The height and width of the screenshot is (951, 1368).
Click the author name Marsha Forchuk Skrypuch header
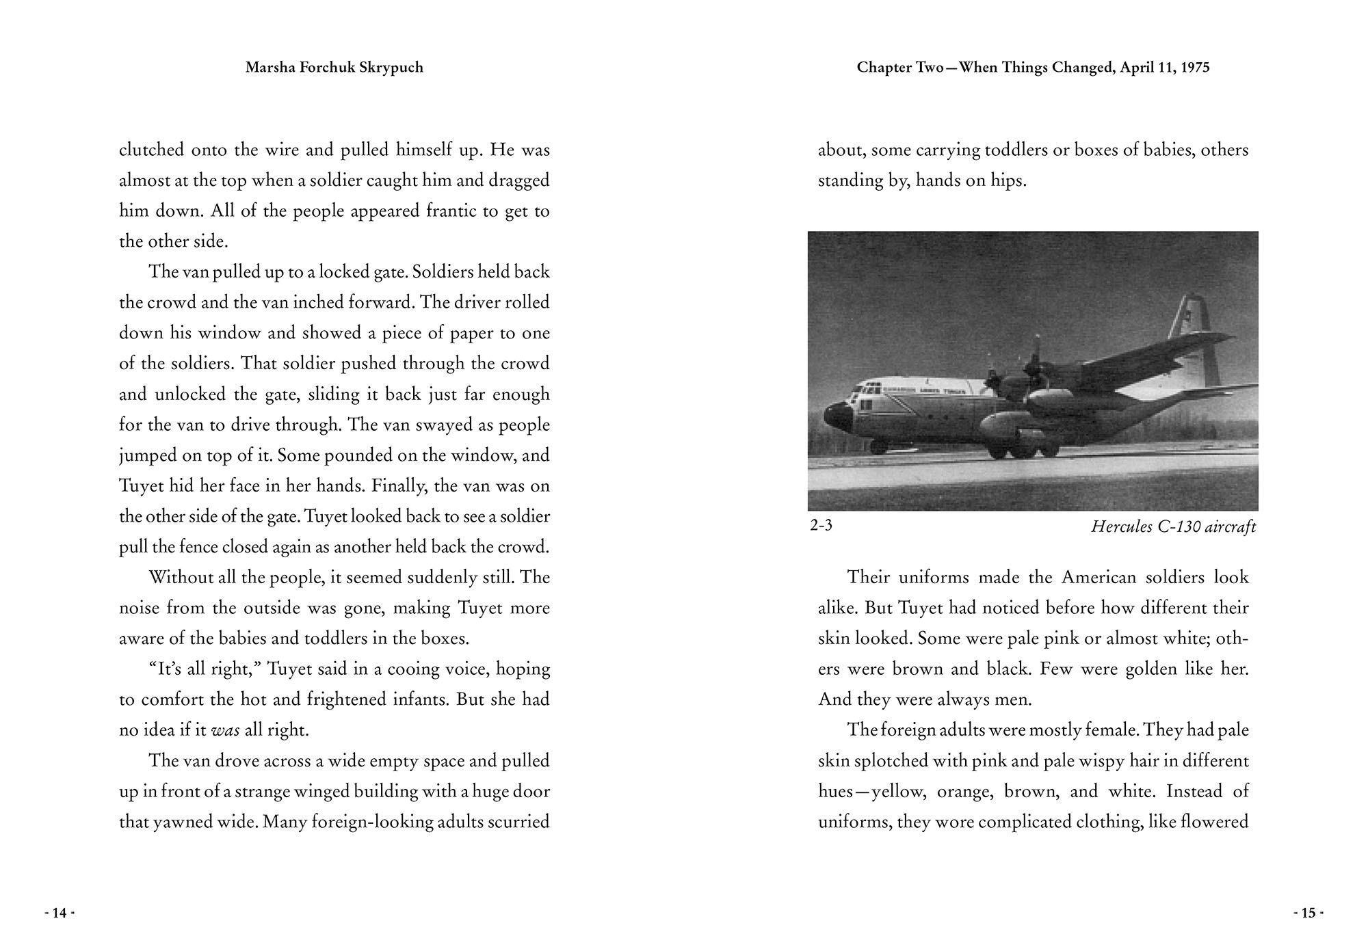point(334,68)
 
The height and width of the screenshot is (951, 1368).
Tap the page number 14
point(60,913)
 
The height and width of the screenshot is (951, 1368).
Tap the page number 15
point(1308,913)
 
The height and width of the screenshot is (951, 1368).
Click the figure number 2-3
point(821,526)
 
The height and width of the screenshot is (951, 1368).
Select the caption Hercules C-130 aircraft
point(1173,527)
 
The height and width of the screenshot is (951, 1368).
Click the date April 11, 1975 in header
point(1165,68)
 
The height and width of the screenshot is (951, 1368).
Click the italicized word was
point(225,730)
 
